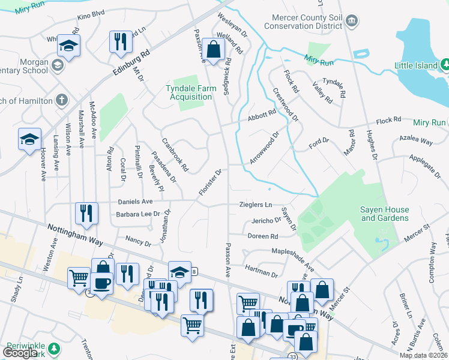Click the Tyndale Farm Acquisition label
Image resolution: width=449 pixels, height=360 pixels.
190,92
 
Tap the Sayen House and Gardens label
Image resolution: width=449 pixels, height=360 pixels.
385,214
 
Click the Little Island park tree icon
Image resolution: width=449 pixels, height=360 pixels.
445,64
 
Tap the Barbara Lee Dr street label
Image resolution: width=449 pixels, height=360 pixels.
139,214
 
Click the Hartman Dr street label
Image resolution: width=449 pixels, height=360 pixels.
262,272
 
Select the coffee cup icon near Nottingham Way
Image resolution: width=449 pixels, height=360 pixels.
101,283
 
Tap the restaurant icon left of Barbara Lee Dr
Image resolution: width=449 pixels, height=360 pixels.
86,213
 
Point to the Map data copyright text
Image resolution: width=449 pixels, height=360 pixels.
423,355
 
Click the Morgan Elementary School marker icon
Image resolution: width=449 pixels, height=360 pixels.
58,65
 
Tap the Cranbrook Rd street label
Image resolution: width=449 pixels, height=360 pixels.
175,155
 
